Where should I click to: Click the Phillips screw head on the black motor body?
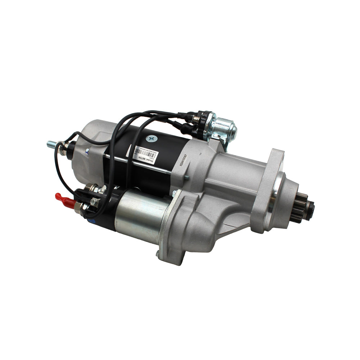(150, 138)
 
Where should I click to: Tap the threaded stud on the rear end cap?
(52, 144)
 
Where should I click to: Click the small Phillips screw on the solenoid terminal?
(95, 202)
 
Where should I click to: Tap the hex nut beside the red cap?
(78, 206)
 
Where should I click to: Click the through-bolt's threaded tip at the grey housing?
(187, 177)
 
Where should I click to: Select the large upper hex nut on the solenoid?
(90, 188)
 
